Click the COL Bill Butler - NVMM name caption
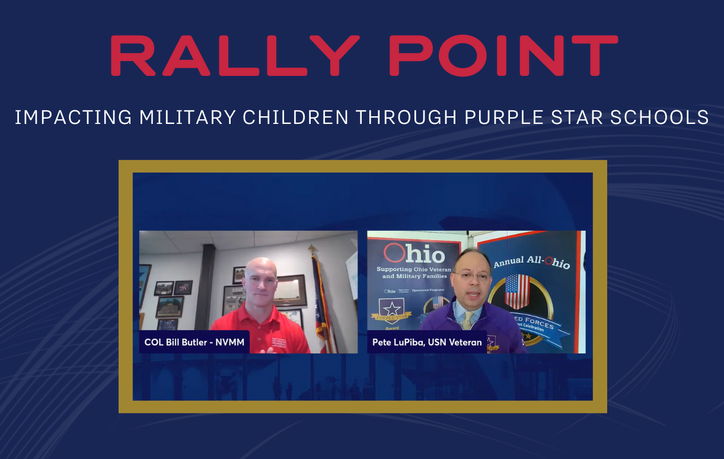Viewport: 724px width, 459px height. point(194,342)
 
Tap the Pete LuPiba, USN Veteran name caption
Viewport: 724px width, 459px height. point(427,342)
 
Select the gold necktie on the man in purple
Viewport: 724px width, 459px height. point(467,320)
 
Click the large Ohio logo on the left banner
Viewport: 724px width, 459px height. point(414,254)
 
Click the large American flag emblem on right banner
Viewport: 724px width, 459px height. point(516,291)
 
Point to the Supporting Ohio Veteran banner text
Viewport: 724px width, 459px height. point(414,273)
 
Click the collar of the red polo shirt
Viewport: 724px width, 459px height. point(261,310)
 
